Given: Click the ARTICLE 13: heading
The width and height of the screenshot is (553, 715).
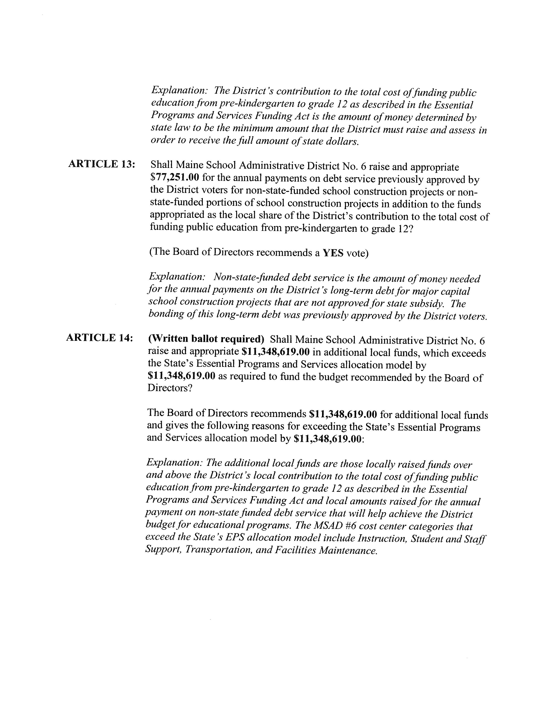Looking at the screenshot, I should [x=101, y=164].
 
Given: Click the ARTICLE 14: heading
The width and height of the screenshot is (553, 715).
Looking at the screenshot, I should [x=100, y=338].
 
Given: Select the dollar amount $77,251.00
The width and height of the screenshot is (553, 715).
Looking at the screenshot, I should [x=175, y=178].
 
